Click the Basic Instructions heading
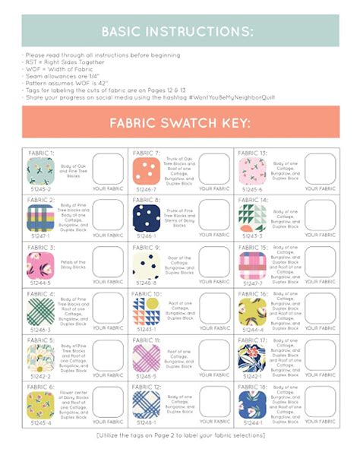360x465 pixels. tap(180, 31)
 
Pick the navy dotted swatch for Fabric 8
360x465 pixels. tap(144, 217)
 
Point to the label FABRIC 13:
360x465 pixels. tap(252, 153)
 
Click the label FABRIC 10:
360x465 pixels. tap(147, 293)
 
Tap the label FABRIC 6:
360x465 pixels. tap(40, 387)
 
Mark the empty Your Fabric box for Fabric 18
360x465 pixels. tap(320, 401)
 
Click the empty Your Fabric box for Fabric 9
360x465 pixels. tap(214, 261)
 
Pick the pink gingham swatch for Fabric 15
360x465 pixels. tap(251, 264)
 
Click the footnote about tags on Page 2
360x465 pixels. tap(180, 435)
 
